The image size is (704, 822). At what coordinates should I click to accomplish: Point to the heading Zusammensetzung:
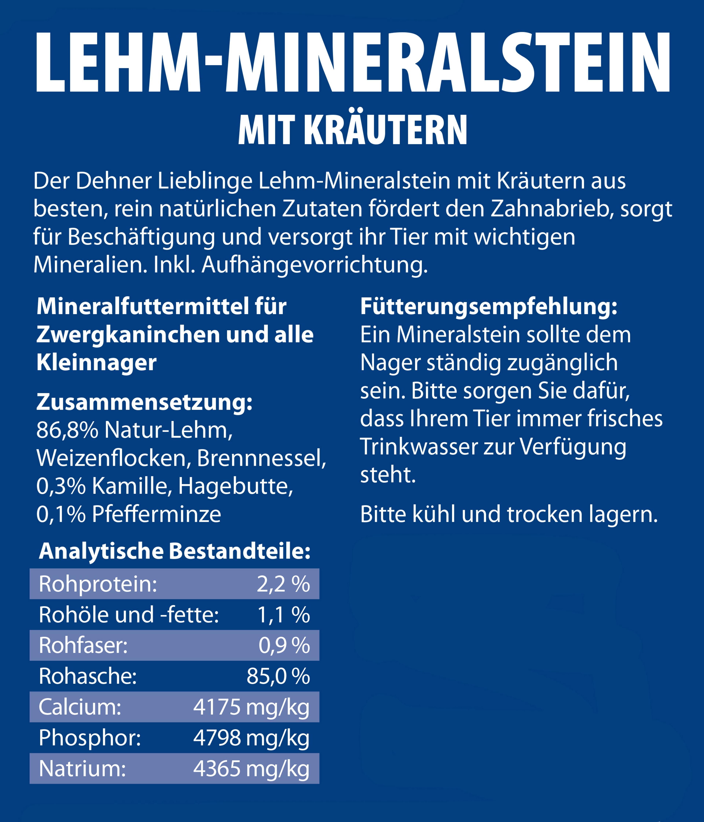[x=144, y=402]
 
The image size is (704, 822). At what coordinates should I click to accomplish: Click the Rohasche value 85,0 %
[x=278, y=676]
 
